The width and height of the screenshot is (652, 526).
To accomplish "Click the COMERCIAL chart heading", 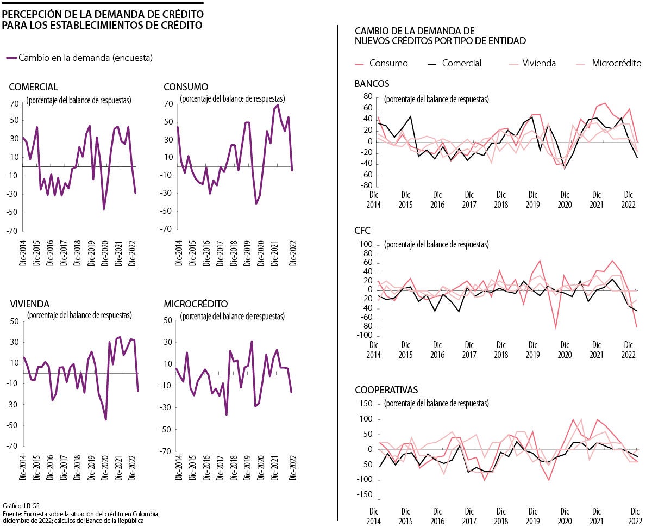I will [x=33, y=87].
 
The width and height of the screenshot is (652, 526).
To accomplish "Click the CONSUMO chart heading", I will [x=185, y=87].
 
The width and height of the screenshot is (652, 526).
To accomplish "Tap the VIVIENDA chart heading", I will [x=29, y=304].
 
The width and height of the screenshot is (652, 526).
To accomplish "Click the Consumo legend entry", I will [x=388, y=63].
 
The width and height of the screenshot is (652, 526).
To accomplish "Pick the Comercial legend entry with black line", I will [x=461, y=63].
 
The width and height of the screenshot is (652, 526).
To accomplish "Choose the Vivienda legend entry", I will [x=539, y=63].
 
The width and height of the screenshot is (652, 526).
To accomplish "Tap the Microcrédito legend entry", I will [x=616, y=63].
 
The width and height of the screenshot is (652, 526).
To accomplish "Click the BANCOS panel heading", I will [x=372, y=84].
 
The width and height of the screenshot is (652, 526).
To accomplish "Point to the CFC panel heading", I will [x=362, y=231].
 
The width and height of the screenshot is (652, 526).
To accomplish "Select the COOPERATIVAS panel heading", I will [x=386, y=390].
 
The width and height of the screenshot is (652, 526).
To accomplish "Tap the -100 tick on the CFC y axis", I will [x=363, y=336].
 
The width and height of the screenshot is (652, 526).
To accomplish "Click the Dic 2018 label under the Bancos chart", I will [x=500, y=200].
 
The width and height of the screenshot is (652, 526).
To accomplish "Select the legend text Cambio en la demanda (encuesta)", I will [x=85, y=57].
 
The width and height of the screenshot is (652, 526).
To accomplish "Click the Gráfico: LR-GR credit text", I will [x=17, y=505].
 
